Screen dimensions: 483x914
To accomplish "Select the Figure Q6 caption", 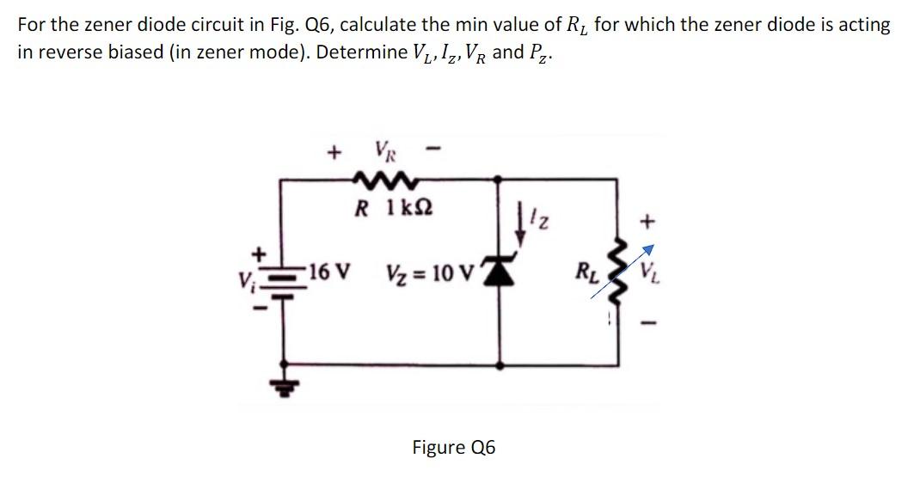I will click(453, 448).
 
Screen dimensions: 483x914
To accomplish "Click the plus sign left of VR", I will click(332, 153).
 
